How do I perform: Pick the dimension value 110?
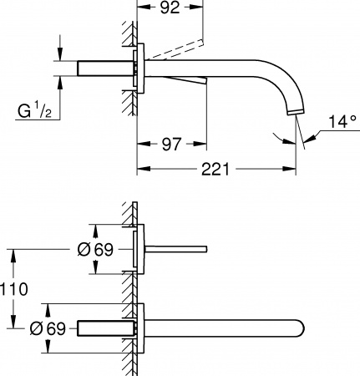coord(14,289)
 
